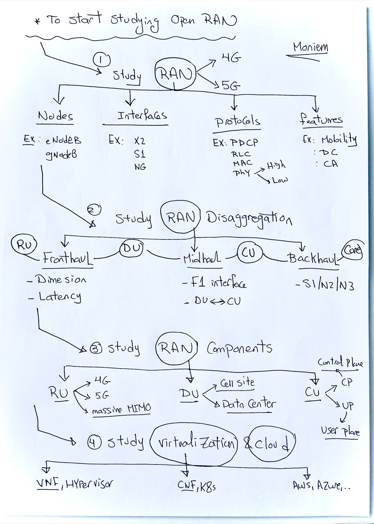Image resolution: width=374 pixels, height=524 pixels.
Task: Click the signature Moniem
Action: pos(310,47)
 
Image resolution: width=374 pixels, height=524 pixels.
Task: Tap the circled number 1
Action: pos(102,60)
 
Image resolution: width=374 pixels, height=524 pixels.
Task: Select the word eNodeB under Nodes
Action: pos(64,140)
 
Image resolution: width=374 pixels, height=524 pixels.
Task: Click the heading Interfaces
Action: pos(142,115)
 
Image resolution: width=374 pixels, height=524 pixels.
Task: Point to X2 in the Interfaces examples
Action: pos(140,141)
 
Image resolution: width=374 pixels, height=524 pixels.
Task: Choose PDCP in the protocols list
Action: pos(245,142)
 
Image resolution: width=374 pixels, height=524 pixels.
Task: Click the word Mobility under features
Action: pos(339,140)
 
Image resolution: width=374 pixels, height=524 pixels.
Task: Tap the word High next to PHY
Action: pos(277,165)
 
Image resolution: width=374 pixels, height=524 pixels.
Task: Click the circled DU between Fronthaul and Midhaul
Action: pos(131,249)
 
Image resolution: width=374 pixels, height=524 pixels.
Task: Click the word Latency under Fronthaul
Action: pos(60,297)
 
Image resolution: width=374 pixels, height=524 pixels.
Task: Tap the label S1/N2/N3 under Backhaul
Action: pos(325,285)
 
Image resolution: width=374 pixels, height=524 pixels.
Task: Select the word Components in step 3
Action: pos(239,348)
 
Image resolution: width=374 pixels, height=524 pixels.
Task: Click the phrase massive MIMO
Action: pos(121,409)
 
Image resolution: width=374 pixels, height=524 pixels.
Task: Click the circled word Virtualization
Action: pos(194,443)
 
